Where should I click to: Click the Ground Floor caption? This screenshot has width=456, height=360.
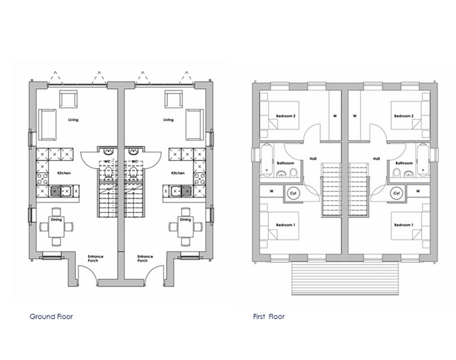(51, 316)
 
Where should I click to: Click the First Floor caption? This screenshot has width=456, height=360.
(269, 316)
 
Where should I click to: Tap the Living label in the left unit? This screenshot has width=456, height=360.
(74, 120)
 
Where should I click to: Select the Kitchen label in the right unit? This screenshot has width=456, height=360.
(178, 173)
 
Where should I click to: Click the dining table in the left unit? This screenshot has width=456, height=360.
(57, 227)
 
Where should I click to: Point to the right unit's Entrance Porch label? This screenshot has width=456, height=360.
(145, 258)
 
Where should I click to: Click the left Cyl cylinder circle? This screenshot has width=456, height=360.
(293, 193)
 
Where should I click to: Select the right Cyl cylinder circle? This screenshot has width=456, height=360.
(396, 193)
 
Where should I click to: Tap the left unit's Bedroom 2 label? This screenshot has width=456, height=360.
(286, 116)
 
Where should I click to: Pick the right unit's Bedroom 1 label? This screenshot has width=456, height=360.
(404, 225)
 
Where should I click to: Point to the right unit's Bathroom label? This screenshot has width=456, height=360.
(404, 163)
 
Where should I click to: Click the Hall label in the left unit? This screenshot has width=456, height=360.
(313, 159)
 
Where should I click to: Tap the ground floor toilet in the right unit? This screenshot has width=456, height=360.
(133, 172)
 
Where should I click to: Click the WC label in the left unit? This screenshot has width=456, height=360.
(107, 161)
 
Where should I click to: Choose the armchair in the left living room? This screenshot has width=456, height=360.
(69, 99)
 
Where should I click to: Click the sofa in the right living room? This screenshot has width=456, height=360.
(195, 125)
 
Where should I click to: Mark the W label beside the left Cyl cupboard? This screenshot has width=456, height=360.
(272, 192)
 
